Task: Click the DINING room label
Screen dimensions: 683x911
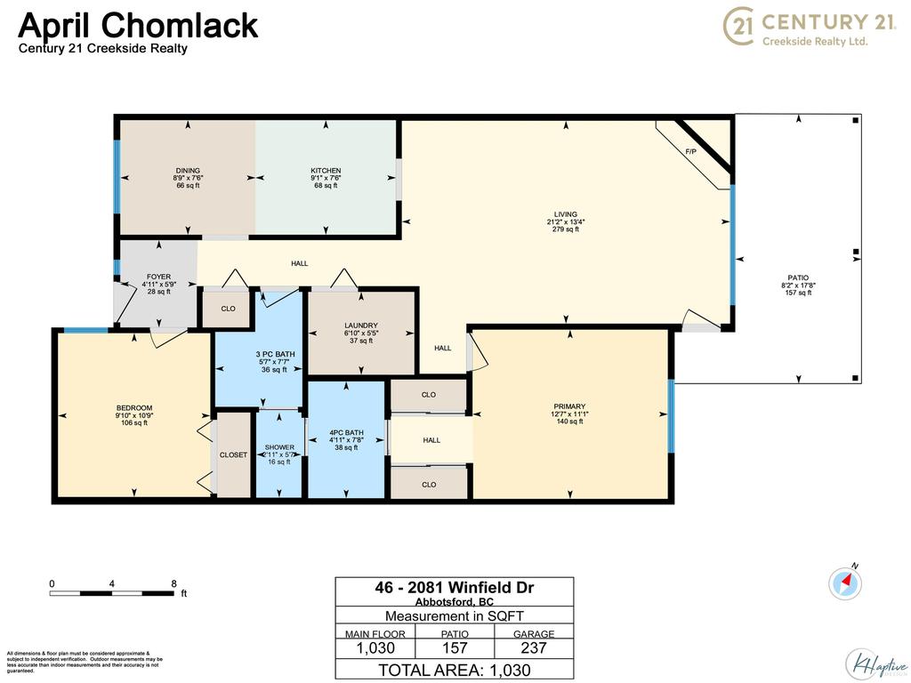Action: pyautogui.click(x=188, y=171)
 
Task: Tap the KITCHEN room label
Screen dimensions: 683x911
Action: pyautogui.click(x=325, y=171)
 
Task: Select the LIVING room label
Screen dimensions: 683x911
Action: pyautogui.click(x=566, y=214)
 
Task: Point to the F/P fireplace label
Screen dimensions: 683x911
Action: pyautogui.click(x=690, y=152)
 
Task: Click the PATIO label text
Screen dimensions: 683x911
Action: pyautogui.click(x=798, y=277)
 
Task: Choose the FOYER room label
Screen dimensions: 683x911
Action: pyautogui.click(x=158, y=277)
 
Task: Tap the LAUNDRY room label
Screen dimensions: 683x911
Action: pyautogui.click(x=361, y=325)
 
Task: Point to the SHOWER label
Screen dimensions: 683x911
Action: pyautogui.click(x=278, y=447)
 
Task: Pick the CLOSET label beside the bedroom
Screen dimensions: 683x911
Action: pyautogui.click(x=233, y=454)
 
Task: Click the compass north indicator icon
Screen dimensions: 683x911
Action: pyautogui.click(x=845, y=583)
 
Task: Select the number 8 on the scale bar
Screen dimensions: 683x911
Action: pyautogui.click(x=174, y=583)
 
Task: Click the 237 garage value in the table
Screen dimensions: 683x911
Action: pyautogui.click(x=534, y=649)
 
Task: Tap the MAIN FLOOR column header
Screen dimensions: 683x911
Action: pyautogui.click(x=375, y=634)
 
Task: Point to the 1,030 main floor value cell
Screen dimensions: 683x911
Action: pyautogui.click(x=375, y=649)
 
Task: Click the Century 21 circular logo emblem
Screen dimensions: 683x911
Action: pyautogui.click(x=740, y=26)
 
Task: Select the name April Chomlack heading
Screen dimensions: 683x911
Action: pyautogui.click(x=138, y=25)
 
